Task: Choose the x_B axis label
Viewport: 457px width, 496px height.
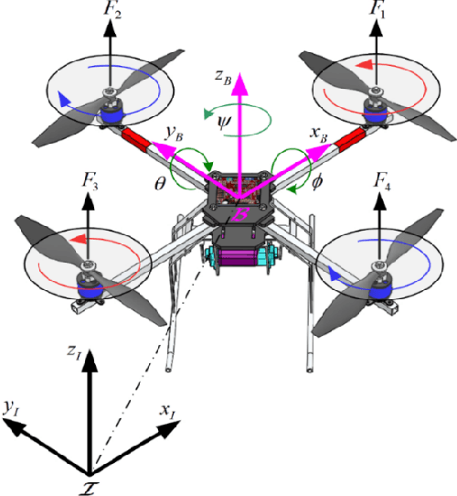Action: coord(317,134)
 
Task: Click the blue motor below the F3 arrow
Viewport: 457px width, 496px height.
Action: coord(91,286)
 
